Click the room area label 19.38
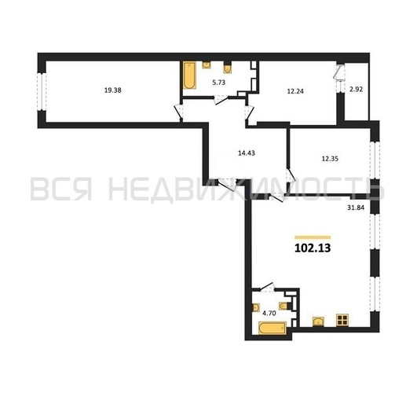pos(112,90)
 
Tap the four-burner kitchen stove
pos(342,320)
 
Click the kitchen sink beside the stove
pos(318,321)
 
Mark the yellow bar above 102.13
pos(313,237)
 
